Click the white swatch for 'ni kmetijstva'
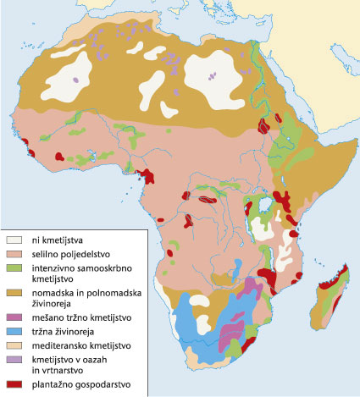(x=14, y=240)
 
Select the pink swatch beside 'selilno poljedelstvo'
(x=14, y=254)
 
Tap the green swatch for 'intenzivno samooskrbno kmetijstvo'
(x=14, y=267)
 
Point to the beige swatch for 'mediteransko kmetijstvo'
(x=14, y=345)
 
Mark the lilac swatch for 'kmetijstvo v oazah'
(x=14, y=360)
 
